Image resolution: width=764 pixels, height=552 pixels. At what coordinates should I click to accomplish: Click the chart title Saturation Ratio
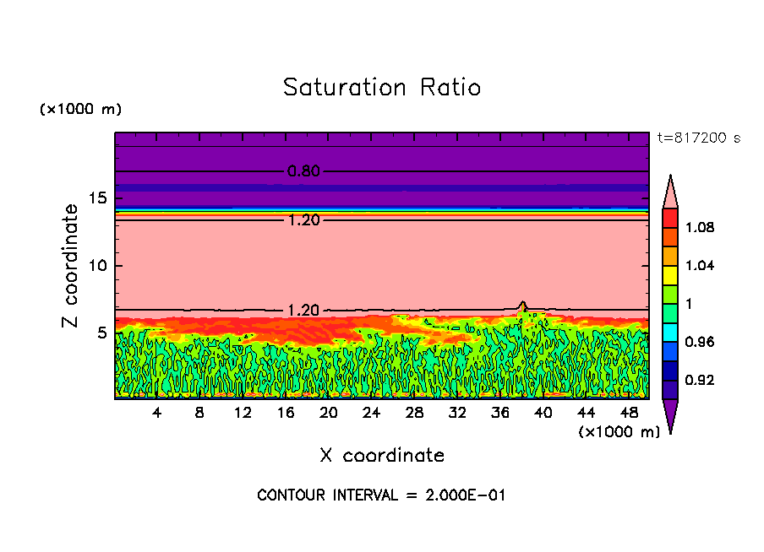[x=382, y=88]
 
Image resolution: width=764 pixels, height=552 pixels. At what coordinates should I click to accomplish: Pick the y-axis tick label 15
[x=97, y=198]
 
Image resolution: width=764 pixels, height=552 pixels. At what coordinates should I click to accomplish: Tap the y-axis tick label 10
[x=97, y=266]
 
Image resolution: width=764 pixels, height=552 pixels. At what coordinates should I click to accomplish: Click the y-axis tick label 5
[x=102, y=333]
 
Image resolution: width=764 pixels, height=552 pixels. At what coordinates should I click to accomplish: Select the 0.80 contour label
[x=303, y=171]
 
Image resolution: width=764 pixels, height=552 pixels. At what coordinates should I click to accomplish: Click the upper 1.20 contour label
[x=303, y=220]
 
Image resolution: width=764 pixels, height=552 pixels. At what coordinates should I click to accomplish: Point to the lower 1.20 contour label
[x=303, y=310]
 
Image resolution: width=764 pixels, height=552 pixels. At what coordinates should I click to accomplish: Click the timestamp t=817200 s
[x=699, y=138]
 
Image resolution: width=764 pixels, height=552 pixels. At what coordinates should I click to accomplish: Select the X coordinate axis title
[x=382, y=456]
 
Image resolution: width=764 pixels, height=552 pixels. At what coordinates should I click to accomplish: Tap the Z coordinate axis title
[x=71, y=266]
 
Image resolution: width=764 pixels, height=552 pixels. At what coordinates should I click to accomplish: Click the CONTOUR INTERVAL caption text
[x=381, y=495]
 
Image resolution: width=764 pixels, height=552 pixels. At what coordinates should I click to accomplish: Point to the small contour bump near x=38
[x=522, y=305]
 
